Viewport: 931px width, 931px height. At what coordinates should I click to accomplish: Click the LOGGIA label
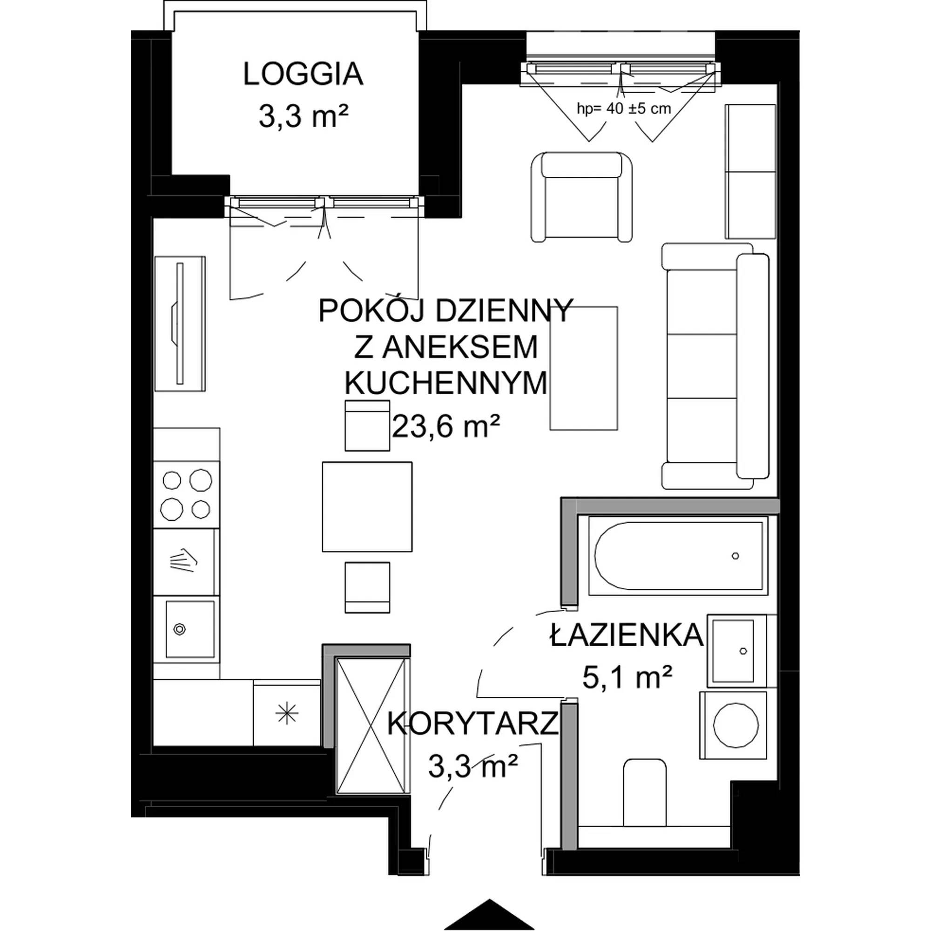303,74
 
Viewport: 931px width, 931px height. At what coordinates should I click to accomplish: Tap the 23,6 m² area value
446,426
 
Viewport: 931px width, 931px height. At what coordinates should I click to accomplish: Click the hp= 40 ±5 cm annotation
624,108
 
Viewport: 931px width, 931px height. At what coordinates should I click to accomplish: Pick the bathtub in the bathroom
679,556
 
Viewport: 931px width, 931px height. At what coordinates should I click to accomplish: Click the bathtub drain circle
735,556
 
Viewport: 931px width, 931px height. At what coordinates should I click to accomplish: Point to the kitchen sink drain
180,629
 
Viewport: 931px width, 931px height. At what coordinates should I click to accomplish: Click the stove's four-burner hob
187,495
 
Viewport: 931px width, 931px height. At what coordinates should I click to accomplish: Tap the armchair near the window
581,196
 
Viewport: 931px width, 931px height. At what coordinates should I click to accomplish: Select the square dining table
367,506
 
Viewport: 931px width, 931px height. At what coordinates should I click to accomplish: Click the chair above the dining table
367,425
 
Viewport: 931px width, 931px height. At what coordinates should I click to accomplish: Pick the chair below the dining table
367,587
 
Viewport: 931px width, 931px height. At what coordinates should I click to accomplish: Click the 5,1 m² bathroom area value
627,678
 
